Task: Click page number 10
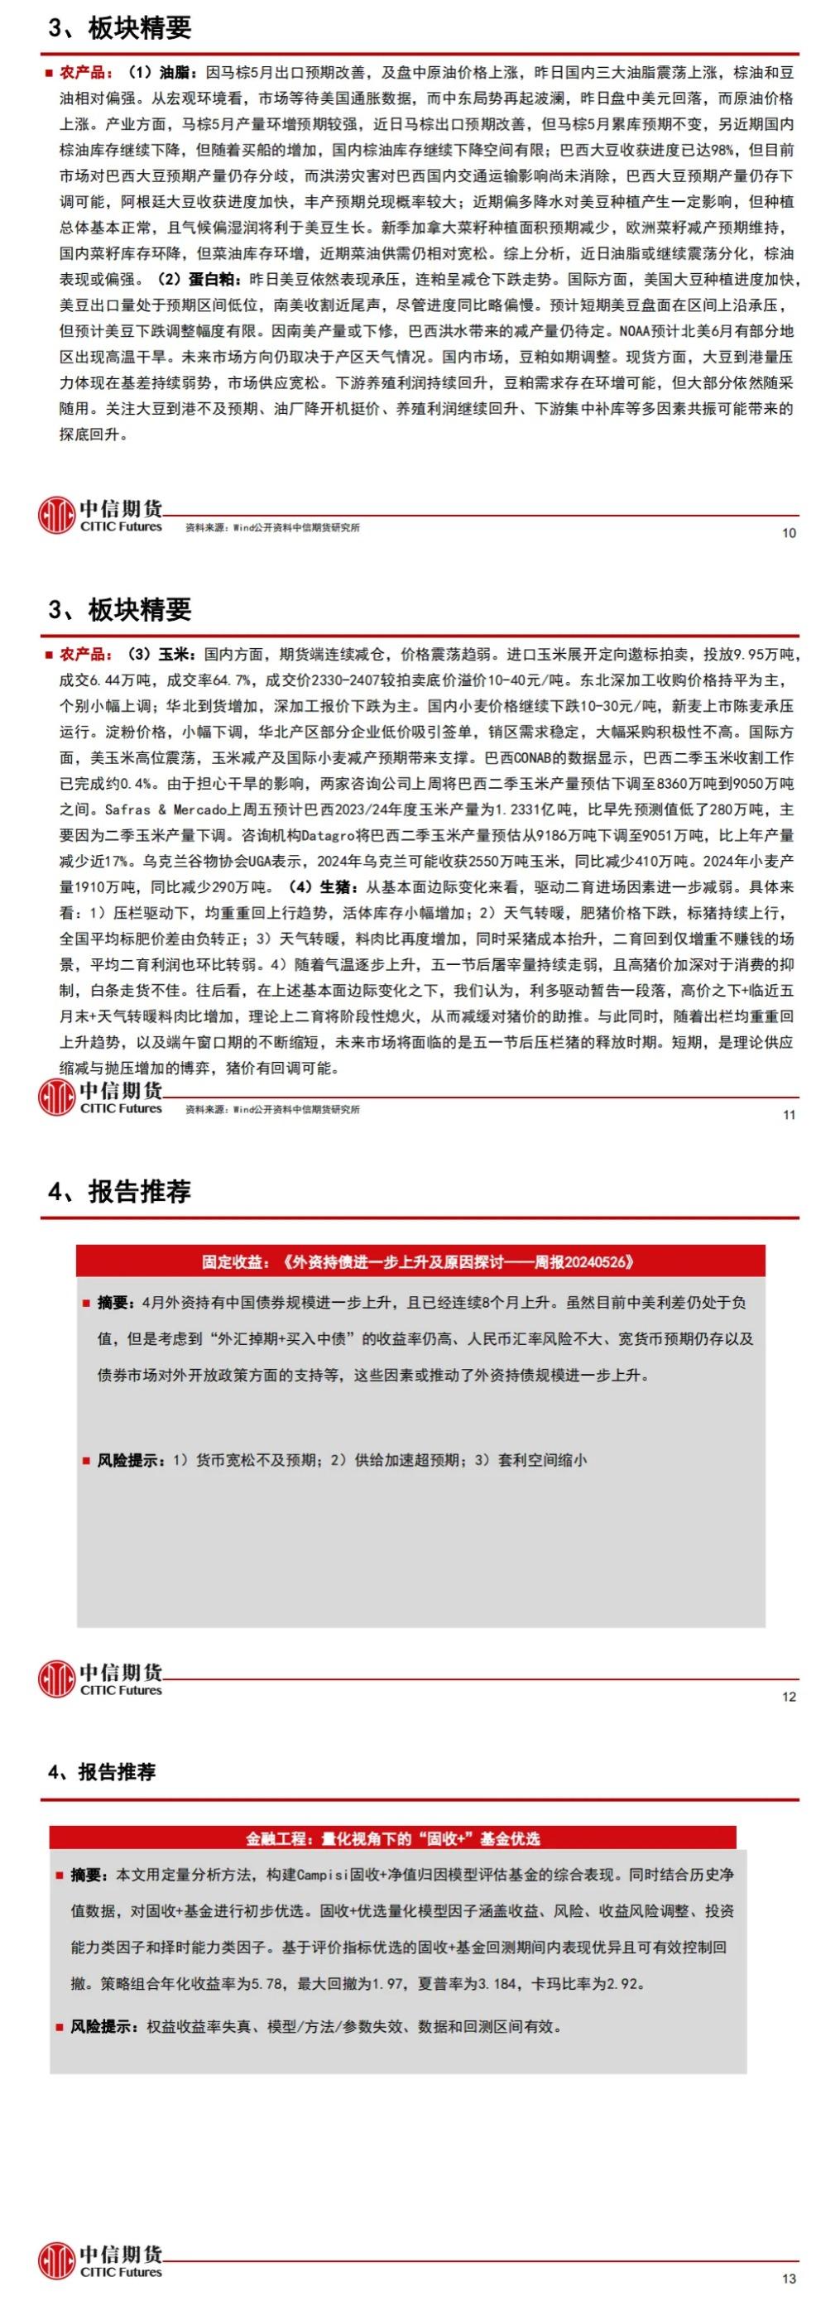pos(789,533)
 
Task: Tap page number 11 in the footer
pos(789,1115)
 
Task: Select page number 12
pos(789,1697)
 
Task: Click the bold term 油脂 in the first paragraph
pos(175,72)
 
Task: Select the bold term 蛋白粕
pos(213,279)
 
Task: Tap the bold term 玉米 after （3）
pos(175,654)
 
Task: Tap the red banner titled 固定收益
pos(420,1261)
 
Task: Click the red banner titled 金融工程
pos(392,1839)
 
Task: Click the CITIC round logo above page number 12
pos(55,1678)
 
